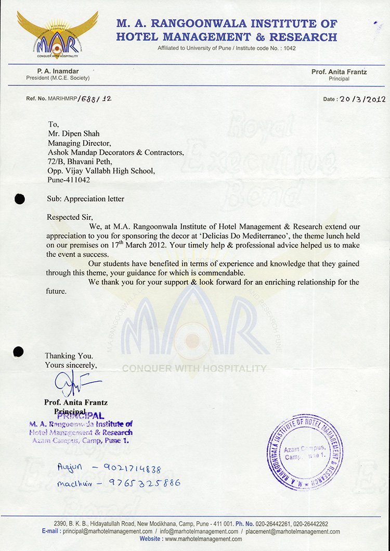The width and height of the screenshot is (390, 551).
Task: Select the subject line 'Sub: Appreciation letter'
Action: click(x=86, y=199)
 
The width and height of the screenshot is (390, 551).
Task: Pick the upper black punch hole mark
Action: click(x=20, y=198)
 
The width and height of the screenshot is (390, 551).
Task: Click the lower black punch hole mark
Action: click(x=19, y=352)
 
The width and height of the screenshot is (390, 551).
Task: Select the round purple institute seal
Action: click(x=305, y=452)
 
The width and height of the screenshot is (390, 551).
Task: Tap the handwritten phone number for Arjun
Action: click(x=132, y=469)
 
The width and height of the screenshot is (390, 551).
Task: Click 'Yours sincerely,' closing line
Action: click(x=71, y=365)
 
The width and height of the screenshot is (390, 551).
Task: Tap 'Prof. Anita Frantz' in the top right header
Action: click(x=339, y=72)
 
